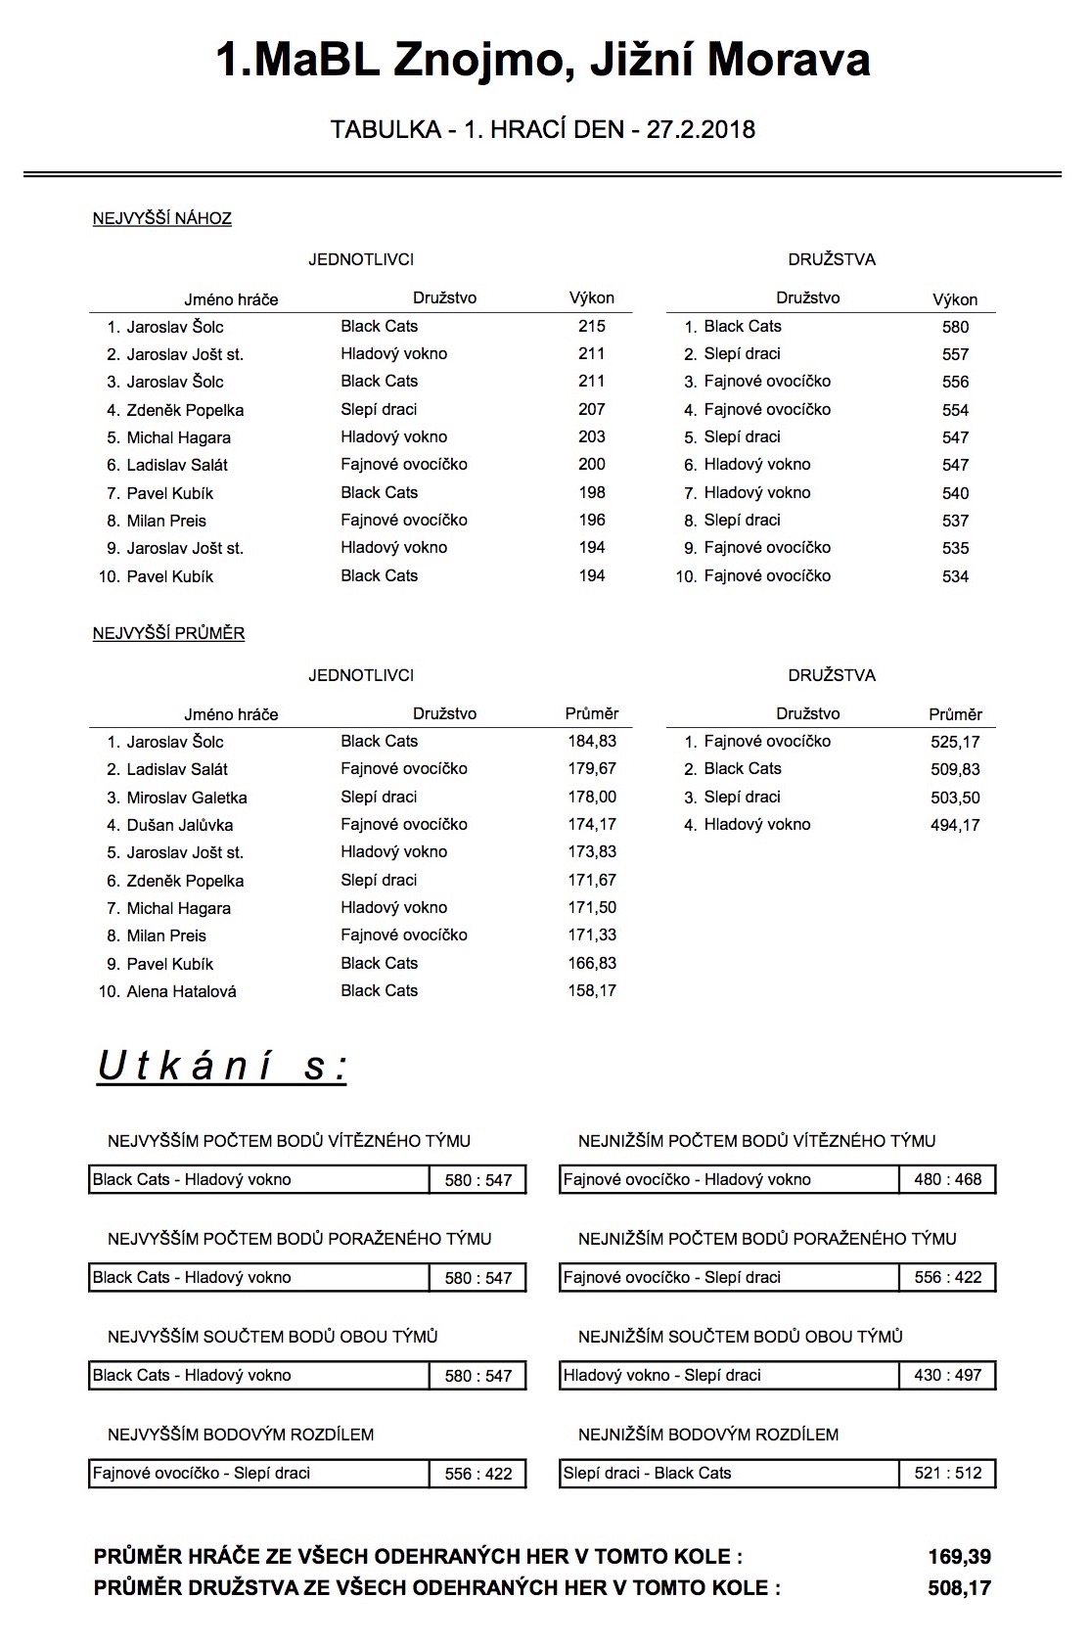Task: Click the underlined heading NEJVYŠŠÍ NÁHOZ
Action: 162,218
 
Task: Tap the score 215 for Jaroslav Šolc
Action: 591,326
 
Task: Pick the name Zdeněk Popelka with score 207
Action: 185,410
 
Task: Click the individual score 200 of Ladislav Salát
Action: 591,464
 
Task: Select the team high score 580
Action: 955,327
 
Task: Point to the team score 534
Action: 955,576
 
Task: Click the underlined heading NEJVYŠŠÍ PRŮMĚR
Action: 168,633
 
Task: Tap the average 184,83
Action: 592,741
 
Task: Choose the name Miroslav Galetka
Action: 187,798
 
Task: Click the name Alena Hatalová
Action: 181,991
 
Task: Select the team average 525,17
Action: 955,742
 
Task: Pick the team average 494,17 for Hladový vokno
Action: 955,825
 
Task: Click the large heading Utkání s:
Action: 222,1067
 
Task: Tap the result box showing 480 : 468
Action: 947,1179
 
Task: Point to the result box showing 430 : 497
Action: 947,1375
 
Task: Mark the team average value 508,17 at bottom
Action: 959,1588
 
